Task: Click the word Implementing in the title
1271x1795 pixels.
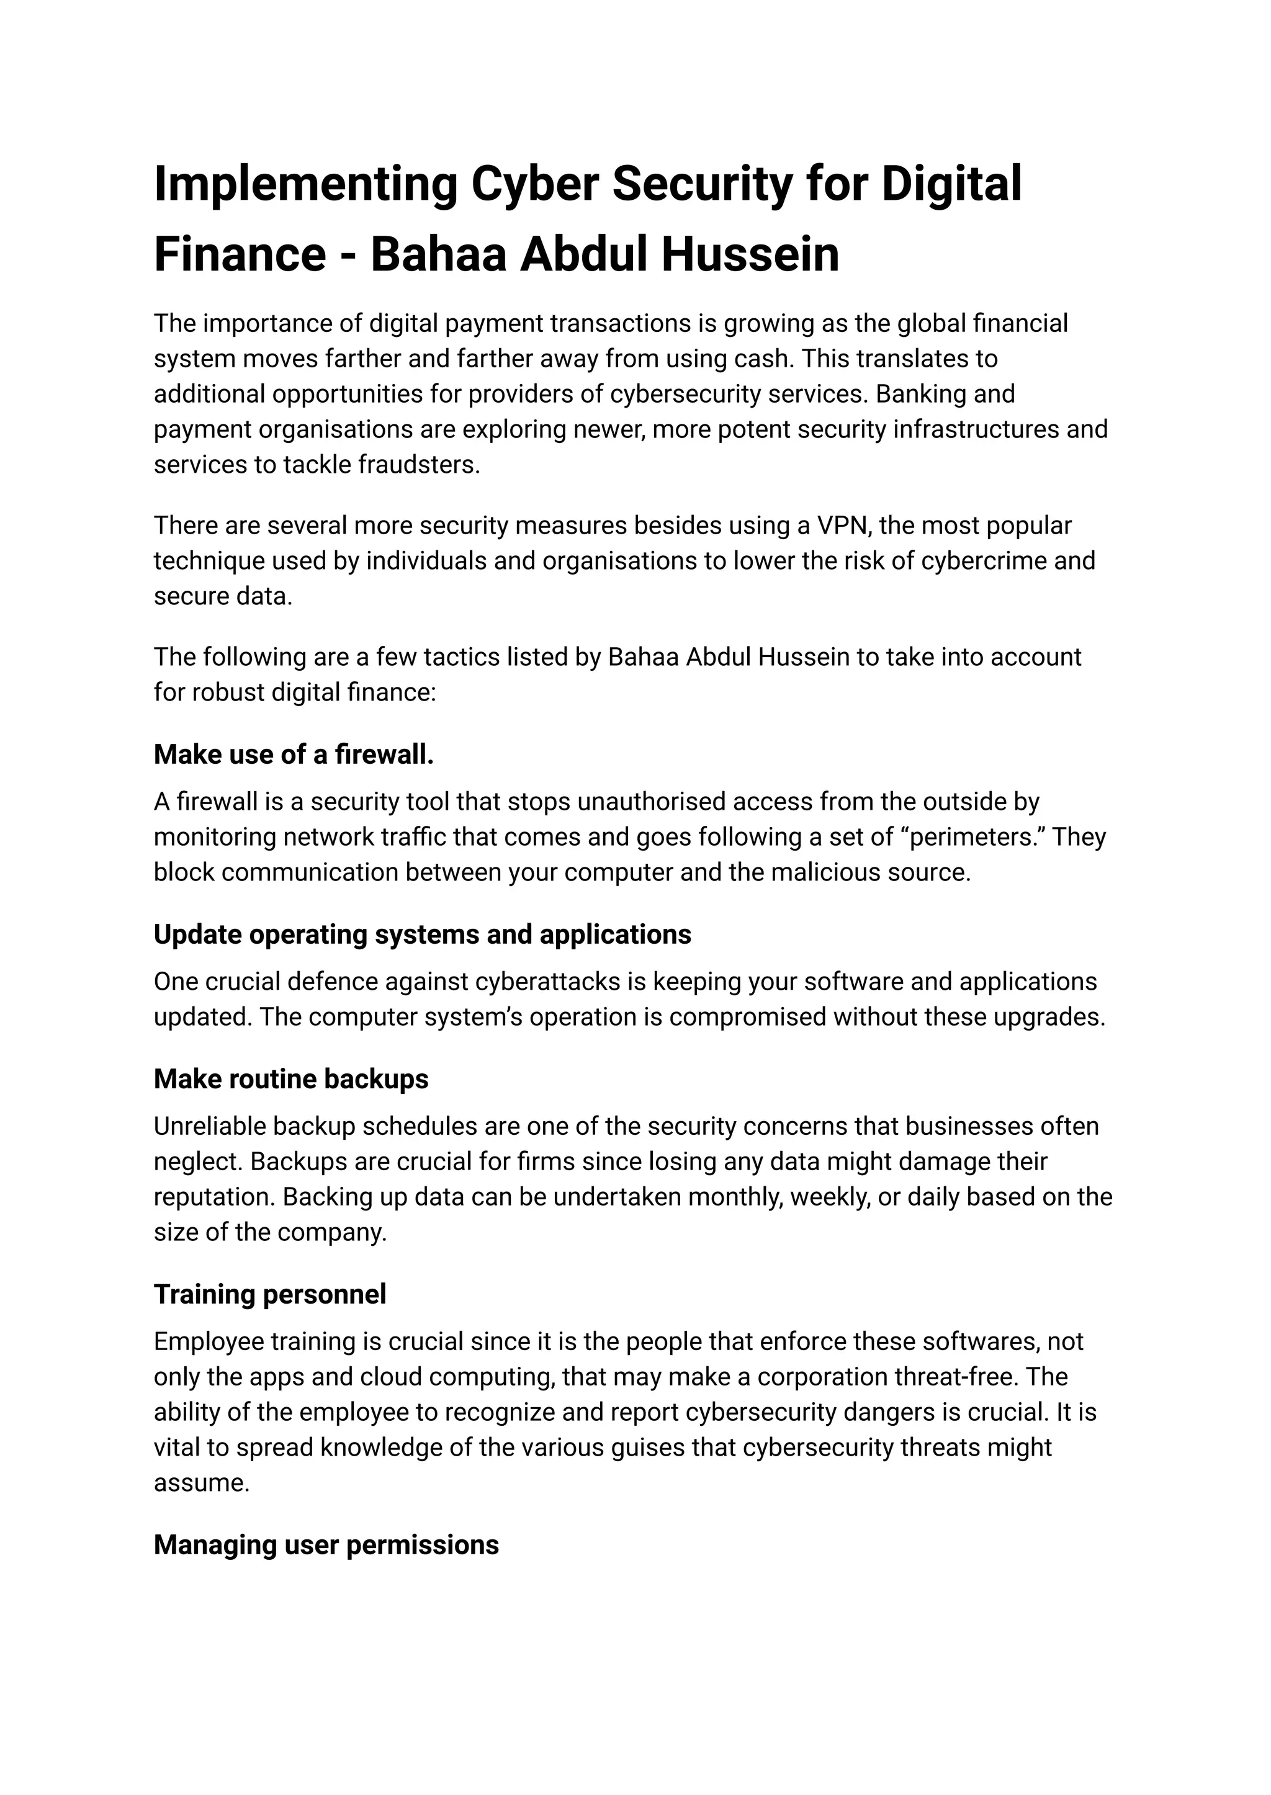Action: (305, 185)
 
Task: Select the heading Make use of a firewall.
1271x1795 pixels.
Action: (294, 755)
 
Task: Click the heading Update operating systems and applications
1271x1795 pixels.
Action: (422, 935)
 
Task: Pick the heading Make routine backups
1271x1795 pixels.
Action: (290, 1080)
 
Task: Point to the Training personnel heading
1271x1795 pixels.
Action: (269, 1295)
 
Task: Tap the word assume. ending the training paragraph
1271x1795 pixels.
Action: (201, 1483)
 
